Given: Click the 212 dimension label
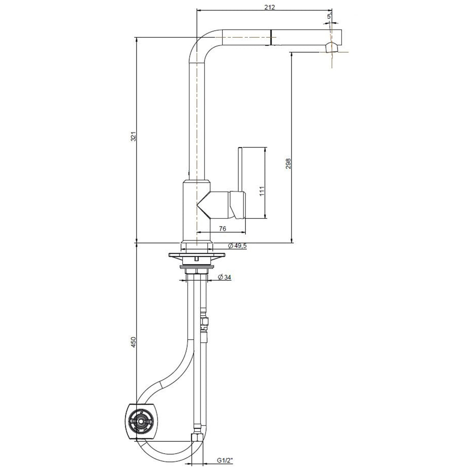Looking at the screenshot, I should pyautogui.click(x=269, y=7).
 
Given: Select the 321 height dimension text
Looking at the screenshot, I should pyautogui.click(x=133, y=137).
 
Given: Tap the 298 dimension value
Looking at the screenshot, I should pyautogui.click(x=288, y=163).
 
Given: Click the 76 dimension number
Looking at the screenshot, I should pyautogui.click(x=223, y=228).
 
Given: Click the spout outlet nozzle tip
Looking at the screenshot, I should pyautogui.click(x=332, y=47).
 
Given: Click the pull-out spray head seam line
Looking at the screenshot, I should pyautogui.click(x=271, y=37).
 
